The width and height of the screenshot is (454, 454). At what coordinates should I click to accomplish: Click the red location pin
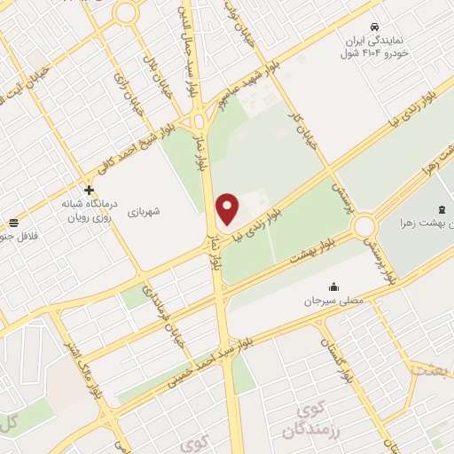coord(228,207)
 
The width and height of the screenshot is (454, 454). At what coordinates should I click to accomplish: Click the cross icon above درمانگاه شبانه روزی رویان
coord(89,190)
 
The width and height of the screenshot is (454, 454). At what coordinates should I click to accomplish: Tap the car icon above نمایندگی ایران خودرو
coord(376,27)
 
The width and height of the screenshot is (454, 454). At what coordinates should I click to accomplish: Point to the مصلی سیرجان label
coord(334,301)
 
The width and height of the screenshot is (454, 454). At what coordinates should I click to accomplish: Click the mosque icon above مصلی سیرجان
coord(333,286)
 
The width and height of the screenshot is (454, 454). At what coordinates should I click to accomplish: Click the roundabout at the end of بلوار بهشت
coord(364,227)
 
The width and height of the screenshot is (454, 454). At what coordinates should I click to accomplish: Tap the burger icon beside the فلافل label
coord(13,223)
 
